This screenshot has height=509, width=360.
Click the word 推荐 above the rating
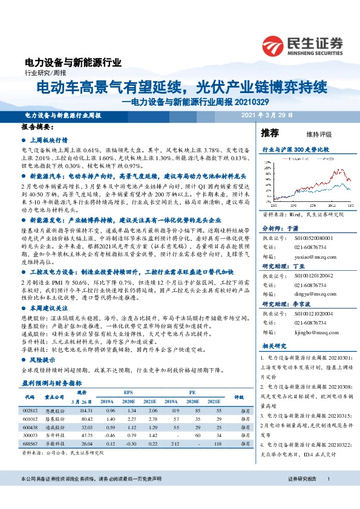pos(270,132)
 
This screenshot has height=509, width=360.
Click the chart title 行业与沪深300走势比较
pos(299,148)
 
